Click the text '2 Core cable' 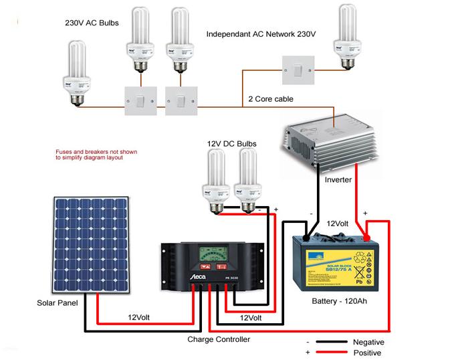point(270,99)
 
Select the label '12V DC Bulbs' point(231,144)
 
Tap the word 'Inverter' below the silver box point(338,180)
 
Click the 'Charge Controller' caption point(219,340)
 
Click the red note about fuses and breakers point(96,155)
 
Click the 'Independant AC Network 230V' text point(260,33)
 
